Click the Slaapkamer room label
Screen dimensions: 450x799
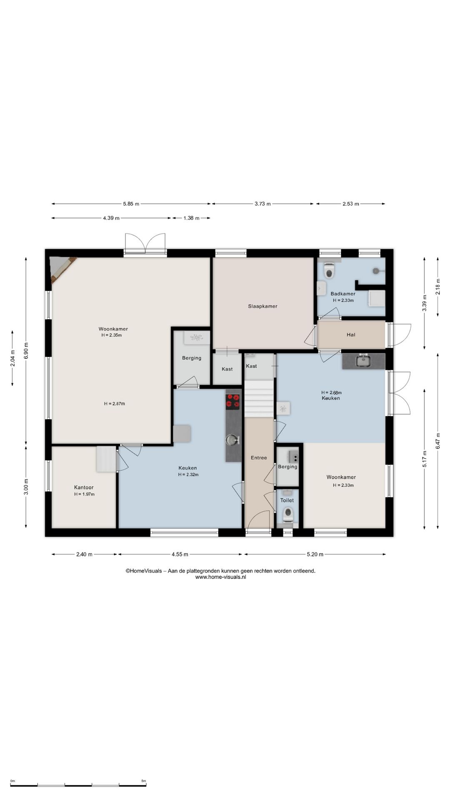262,306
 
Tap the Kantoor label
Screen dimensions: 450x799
84,487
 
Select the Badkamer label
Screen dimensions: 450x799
343,294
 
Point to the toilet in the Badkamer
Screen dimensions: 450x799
329,270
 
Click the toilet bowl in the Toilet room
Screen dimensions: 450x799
287,515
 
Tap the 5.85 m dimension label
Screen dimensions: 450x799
131,204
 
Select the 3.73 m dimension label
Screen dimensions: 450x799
262,204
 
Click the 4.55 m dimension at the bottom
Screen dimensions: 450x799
180,554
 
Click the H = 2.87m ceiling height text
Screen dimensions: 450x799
115,404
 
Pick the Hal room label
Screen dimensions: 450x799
351,335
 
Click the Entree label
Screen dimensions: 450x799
259,458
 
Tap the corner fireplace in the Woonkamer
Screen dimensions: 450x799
60,267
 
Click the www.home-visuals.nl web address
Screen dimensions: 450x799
221,577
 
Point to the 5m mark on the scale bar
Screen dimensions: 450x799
144,781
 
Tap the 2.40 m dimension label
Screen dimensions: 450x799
84,554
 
